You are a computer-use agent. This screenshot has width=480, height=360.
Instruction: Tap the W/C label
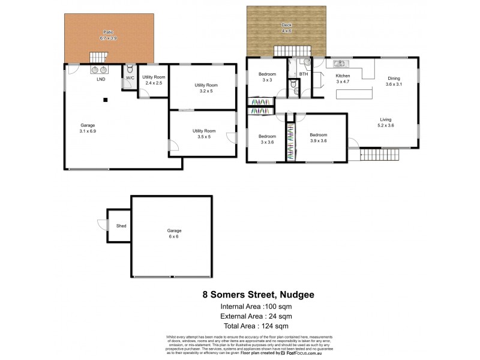pyautogui.click(x=130, y=77)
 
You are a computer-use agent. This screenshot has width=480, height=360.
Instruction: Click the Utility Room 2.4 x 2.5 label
pyautogui.click(x=154, y=80)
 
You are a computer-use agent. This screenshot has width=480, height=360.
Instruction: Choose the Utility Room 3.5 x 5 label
pyautogui.click(x=203, y=133)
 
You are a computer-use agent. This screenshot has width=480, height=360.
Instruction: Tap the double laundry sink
pyautogui.click(x=99, y=69)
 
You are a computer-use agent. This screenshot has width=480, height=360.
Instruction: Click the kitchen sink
pyautogui.click(x=338, y=62)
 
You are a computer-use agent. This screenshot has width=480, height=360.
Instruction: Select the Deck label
pyautogui.click(x=287, y=27)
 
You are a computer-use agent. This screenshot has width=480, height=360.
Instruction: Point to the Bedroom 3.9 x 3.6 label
pyautogui.click(x=318, y=137)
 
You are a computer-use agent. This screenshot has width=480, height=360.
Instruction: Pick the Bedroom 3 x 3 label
pyautogui.click(x=266, y=77)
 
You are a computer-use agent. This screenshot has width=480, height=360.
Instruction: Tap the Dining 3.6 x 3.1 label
pyautogui.click(x=394, y=81)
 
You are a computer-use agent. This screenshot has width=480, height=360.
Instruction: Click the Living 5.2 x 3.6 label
pyautogui.click(x=386, y=122)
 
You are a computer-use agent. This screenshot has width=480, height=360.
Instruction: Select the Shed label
pyautogui.click(x=121, y=226)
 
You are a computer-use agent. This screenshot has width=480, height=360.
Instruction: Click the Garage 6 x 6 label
pyautogui.click(x=174, y=233)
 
